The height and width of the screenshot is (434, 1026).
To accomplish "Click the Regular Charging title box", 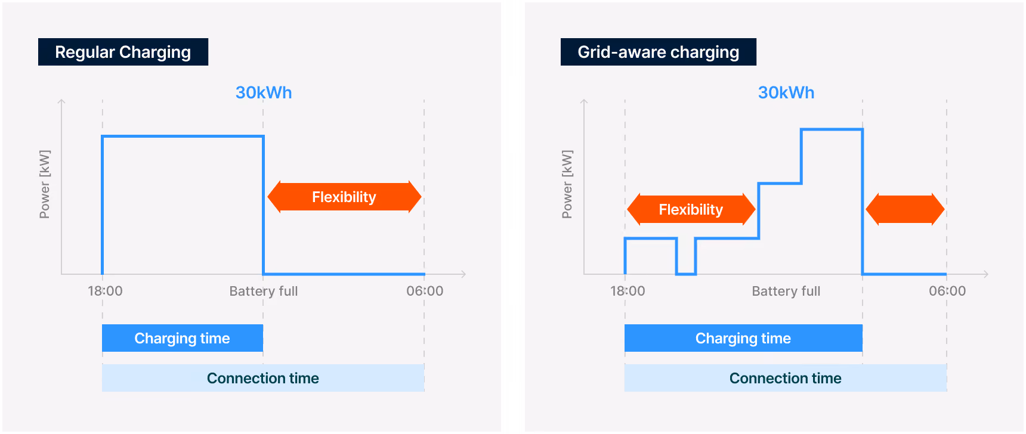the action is [123, 52].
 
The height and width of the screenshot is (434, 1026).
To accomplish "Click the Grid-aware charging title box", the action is [659, 52].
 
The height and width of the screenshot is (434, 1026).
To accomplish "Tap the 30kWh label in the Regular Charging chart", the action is [264, 92].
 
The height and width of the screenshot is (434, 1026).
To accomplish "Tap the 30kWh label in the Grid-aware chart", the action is [786, 92].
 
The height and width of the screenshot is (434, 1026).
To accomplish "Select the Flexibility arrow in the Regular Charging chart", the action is [344, 197].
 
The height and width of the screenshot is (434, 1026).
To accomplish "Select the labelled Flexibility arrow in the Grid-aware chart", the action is [691, 209].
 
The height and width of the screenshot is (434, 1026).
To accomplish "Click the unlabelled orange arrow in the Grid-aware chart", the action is [905, 209].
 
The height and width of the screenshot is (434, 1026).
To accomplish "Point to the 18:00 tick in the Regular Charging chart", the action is [105, 291].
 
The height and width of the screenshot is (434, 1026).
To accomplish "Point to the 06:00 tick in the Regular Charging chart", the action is [425, 291].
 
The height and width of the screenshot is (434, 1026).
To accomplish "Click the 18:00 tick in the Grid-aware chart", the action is [628, 291].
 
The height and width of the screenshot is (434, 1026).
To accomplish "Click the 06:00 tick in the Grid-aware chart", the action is [947, 291].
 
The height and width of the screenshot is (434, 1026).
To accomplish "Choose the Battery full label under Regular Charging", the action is [264, 291].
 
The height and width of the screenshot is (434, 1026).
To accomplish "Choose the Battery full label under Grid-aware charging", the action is [786, 291].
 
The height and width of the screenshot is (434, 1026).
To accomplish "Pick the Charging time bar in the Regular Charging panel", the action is [183, 338].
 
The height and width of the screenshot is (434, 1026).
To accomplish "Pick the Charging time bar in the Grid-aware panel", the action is [743, 338].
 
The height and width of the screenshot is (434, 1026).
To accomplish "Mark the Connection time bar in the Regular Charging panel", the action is [263, 378].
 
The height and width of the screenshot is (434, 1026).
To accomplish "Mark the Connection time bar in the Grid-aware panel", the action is [786, 378].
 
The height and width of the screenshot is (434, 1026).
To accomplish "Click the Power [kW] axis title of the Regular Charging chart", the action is [45, 184].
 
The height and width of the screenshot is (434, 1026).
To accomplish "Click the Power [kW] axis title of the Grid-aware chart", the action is [567, 184].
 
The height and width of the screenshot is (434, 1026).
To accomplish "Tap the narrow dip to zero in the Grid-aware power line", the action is [686, 274].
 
